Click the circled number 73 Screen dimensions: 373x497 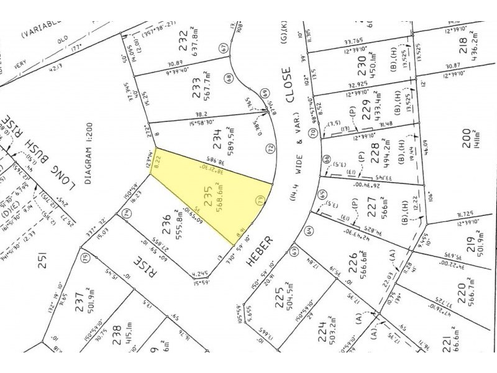(260, 200)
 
